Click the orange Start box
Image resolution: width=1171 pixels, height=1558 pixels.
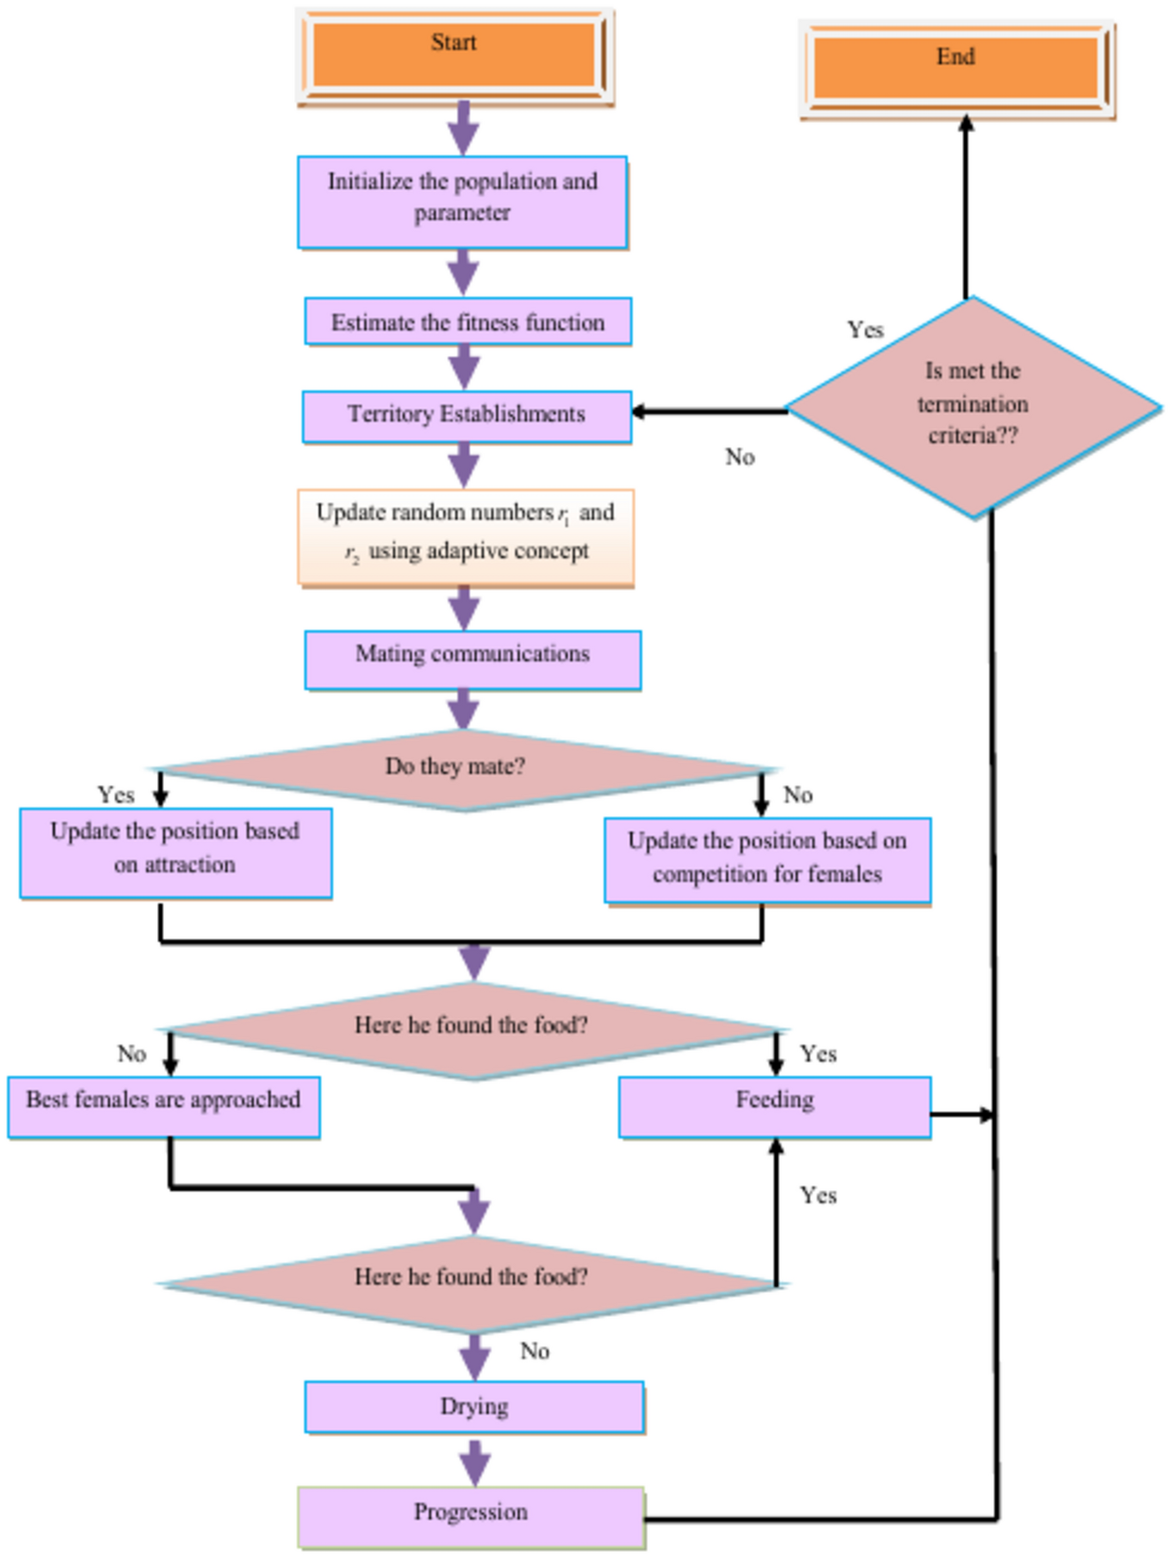click(454, 55)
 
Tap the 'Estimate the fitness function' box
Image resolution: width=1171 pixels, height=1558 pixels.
click(467, 322)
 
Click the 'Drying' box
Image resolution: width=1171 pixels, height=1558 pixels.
click(474, 1406)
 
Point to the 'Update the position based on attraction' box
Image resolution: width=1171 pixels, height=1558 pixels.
click(175, 852)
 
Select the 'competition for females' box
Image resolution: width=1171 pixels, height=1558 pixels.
click(767, 859)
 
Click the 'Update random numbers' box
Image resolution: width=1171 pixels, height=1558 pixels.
click(465, 537)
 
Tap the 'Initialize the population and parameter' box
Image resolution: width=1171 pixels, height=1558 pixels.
click(462, 201)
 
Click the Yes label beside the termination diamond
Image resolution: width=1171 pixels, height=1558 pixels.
click(864, 329)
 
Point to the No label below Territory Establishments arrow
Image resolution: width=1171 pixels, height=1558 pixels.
click(739, 457)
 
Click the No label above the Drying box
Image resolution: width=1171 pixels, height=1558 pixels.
click(535, 1351)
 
